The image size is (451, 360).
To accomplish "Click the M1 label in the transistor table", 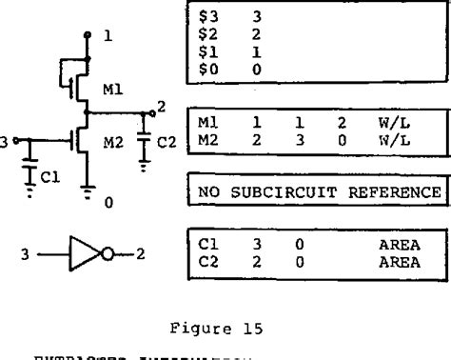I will click(x=206, y=123).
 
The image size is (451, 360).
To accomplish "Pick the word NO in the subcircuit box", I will click(x=206, y=192).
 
